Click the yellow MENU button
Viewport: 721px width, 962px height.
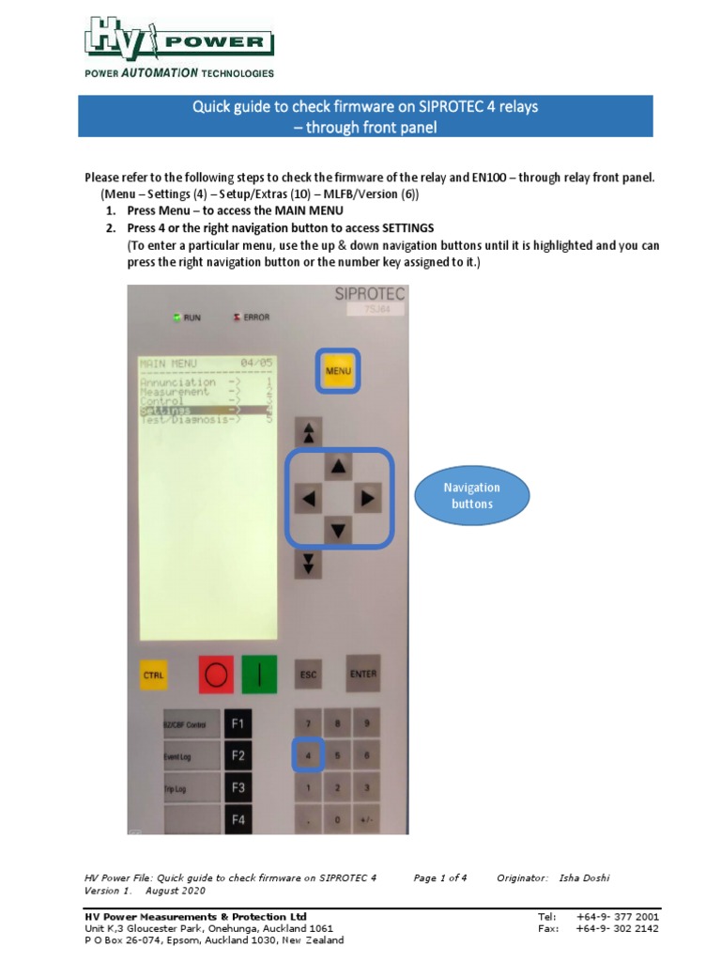(x=337, y=370)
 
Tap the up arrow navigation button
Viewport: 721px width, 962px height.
(x=339, y=466)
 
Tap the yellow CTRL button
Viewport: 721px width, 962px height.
(x=154, y=675)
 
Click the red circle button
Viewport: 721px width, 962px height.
(x=215, y=675)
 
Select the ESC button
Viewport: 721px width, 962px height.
(x=309, y=674)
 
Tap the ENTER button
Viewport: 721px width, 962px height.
(x=363, y=673)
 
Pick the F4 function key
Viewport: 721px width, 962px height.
(x=238, y=819)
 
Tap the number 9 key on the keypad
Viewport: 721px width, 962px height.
(x=366, y=723)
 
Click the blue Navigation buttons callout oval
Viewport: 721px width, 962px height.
(x=471, y=495)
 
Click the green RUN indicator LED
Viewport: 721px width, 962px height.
(x=176, y=318)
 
